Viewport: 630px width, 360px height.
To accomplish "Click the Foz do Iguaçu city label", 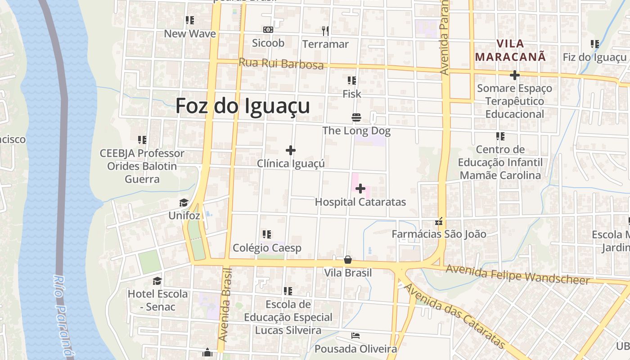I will click(x=243, y=106).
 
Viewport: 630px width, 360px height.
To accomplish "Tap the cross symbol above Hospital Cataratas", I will click(x=360, y=189).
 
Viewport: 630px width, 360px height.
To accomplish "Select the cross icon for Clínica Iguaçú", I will click(x=291, y=150).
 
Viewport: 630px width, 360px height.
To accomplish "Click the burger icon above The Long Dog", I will click(x=356, y=118).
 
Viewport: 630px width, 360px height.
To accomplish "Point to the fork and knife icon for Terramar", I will click(x=325, y=31).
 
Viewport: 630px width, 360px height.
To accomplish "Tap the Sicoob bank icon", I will click(x=268, y=30).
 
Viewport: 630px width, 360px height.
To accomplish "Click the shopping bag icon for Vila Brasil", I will click(x=348, y=260).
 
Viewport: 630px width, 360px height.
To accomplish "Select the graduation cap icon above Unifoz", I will click(x=184, y=202).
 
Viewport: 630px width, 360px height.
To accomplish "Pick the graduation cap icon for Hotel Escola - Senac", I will click(x=157, y=281).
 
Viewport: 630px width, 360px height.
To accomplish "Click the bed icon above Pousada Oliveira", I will click(x=355, y=336).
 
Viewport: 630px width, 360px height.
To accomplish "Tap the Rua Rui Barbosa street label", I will click(x=281, y=63).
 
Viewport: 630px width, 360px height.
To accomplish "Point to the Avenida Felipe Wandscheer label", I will click(x=517, y=274).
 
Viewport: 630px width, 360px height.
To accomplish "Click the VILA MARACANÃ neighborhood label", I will click(x=511, y=50).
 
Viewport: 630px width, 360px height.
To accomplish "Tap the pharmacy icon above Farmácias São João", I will click(x=439, y=221).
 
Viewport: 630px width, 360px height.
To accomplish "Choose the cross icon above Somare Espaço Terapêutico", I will click(x=514, y=75).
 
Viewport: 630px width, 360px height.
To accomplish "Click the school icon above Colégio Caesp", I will click(x=267, y=234).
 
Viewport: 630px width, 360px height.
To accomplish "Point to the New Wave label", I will click(x=190, y=34).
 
